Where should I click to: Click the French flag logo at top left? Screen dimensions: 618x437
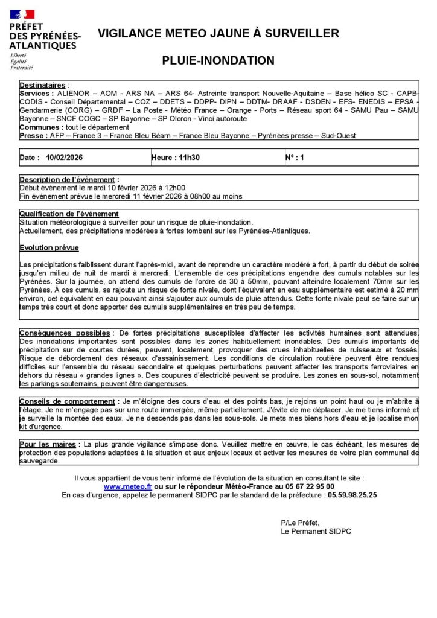[x=22, y=14]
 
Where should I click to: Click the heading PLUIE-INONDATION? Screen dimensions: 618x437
[x=218, y=60]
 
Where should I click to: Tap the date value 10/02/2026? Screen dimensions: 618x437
[x=65, y=158]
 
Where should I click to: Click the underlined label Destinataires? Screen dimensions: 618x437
[x=43, y=86]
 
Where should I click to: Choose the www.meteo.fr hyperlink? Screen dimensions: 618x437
[x=127, y=486]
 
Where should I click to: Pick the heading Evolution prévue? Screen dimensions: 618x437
[x=49, y=248]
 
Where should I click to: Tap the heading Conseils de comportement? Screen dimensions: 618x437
[x=67, y=401]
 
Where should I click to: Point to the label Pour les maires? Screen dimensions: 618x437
[x=48, y=444]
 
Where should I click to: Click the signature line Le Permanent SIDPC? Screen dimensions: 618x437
[x=316, y=532]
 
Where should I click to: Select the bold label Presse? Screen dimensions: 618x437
[x=33, y=136]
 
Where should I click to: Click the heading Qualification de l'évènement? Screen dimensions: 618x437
[x=69, y=214]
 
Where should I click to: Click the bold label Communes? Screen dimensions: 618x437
[x=39, y=127]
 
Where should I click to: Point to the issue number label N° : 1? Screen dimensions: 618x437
[x=295, y=158]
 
